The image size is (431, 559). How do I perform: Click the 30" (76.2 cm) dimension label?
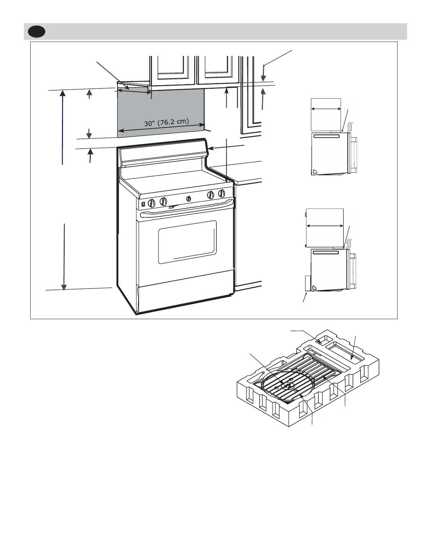[x=166, y=123]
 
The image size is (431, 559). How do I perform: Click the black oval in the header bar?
[x=37, y=32]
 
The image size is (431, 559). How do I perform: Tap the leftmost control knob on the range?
[x=152, y=203]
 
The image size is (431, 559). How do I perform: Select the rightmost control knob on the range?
[x=222, y=193]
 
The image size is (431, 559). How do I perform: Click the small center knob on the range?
[x=189, y=199]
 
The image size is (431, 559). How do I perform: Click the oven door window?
[x=187, y=242]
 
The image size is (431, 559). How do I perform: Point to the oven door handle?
[x=186, y=210]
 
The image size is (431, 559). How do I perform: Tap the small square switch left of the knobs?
[x=143, y=204]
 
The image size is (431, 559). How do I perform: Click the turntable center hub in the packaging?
[x=288, y=385]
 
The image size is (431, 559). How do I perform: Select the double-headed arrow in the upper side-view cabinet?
[x=326, y=109]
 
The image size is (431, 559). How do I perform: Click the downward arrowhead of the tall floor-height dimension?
[x=64, y=287]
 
